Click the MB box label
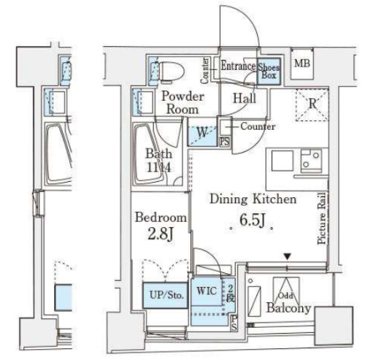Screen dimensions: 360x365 pyautogui.click(x=302, y=63)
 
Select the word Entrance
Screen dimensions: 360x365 pyautogui.click(x=237, y=66)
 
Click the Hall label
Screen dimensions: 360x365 pyautogui.click(x=244, y=98)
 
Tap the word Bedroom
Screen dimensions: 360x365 pyautogui.click(x=159, y=218)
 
